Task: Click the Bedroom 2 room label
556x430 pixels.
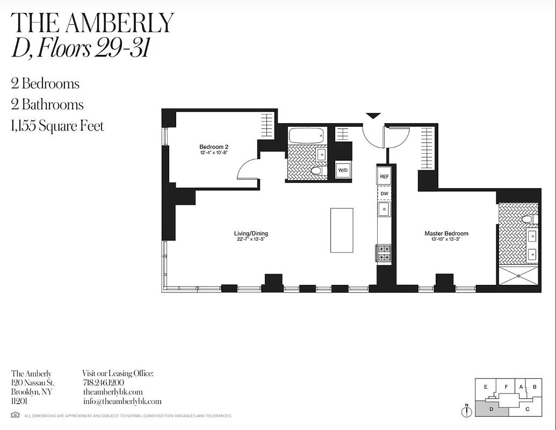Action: point(214,147)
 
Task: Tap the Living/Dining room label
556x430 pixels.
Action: point(251,233)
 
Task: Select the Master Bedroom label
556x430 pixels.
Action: point(446,233)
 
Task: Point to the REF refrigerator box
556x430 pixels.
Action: point(384,176)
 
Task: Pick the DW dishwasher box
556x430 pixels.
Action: point(384,192)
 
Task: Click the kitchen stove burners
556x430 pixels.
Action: point(384,253)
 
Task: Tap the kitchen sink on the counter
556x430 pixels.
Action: point(384,209)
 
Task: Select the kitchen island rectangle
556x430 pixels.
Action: point(342,230)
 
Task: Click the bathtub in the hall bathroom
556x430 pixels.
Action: point(307,135)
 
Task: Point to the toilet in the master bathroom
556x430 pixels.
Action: point(527,219)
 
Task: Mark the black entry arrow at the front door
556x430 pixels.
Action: point(373,116)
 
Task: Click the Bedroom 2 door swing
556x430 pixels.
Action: point(248,170)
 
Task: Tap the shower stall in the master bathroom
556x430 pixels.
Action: point(518,275)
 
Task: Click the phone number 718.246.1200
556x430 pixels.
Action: point(104,383)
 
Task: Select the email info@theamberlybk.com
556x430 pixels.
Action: point(122,401)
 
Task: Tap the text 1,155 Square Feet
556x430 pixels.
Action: point(57,126)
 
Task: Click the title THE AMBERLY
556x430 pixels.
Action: point(92,23)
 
